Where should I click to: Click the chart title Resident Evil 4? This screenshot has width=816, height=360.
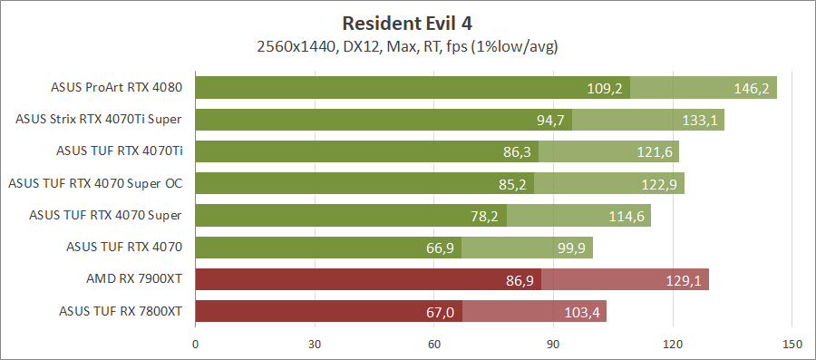point(407,22)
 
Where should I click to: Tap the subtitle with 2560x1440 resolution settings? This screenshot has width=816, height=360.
point(407,45)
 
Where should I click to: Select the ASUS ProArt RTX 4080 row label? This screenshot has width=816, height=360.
point(118,88)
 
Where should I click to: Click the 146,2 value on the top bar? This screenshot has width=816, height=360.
point(752,88)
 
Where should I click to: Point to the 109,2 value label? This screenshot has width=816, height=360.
point(605,88)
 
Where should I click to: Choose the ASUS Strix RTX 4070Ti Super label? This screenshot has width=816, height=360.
point(99,120)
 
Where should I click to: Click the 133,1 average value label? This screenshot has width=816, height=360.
point(699,120)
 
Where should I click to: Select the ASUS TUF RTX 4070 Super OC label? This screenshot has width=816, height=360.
point(95,183)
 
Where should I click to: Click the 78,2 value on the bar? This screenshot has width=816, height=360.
point(483,215)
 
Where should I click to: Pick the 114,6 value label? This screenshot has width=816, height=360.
point(626,215)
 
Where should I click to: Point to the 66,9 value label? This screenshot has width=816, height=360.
point(439,248)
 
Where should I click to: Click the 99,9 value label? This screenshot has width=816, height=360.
point(569,248)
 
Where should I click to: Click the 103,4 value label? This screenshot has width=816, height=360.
point(581,311)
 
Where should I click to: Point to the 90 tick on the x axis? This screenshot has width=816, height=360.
point(553,345)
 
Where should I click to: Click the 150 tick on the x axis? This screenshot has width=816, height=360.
point(792,345)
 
